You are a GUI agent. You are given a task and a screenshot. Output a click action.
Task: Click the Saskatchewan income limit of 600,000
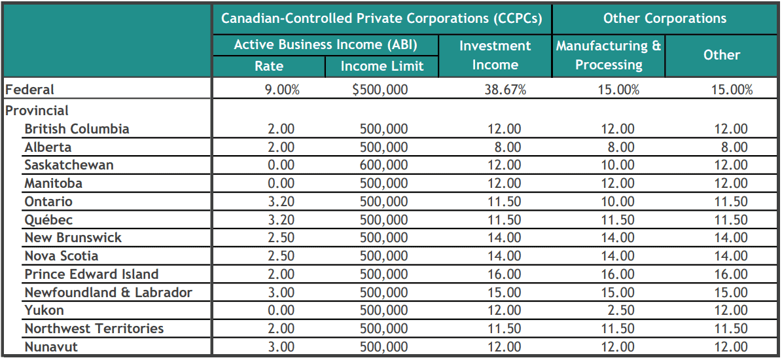click(x=383, y=166)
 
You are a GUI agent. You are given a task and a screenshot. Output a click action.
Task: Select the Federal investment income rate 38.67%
click(x=505, y=90)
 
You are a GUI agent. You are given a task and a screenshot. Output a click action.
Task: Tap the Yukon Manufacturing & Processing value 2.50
click(x=617, y=311)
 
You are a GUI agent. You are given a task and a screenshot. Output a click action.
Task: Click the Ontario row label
click(x=48, y=202)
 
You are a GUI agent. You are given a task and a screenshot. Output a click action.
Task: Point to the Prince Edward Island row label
click(x=92, y=274)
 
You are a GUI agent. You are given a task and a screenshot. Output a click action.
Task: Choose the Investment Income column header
click(x=495, y=56)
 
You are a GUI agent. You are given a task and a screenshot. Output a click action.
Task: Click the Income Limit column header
click(x=382, y=66)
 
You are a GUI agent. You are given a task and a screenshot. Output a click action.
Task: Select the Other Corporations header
click(x=664, y=18)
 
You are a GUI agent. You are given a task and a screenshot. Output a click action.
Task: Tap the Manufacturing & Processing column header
click(x=609, y=56)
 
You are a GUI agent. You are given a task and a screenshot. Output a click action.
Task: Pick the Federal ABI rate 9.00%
click(x=281, y=90)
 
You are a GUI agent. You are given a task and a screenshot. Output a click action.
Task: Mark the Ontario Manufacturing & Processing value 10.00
click(x=617, y=202)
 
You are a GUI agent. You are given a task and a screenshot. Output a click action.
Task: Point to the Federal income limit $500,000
click(x=380, y=90)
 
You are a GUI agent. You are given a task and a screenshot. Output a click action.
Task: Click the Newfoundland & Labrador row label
click(x=108, y=293)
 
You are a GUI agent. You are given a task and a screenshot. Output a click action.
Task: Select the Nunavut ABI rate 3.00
click(x=281, y=347)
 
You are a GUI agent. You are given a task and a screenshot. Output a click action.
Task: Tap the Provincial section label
click(x=37, y=111)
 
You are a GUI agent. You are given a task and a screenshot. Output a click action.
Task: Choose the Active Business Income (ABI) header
click(x=325, y=45)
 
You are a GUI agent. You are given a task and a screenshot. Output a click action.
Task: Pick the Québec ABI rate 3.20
click(x=281, y=220)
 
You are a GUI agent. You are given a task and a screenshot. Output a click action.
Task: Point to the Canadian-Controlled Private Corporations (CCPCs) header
click(x=382, y=18)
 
